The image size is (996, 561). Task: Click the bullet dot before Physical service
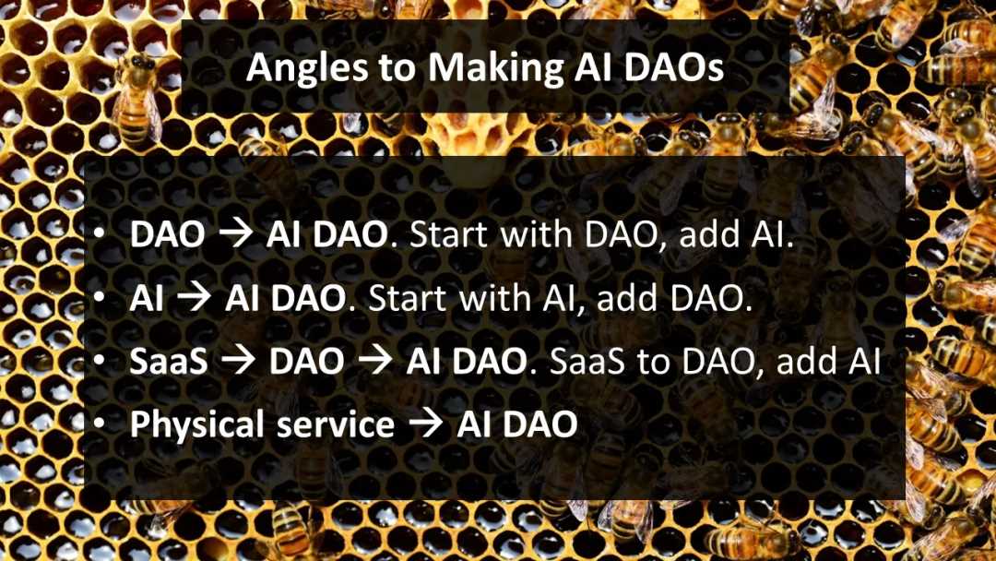[x=99, y=424]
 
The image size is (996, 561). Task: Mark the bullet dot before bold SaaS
[x=99, y=361]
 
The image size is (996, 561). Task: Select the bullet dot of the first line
[x=99, y=234]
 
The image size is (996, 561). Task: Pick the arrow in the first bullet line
[x=236, y=234]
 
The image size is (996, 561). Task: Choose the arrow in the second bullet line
[x=195, y=298]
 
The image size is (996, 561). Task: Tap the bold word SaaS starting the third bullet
[x=169, y=361]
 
